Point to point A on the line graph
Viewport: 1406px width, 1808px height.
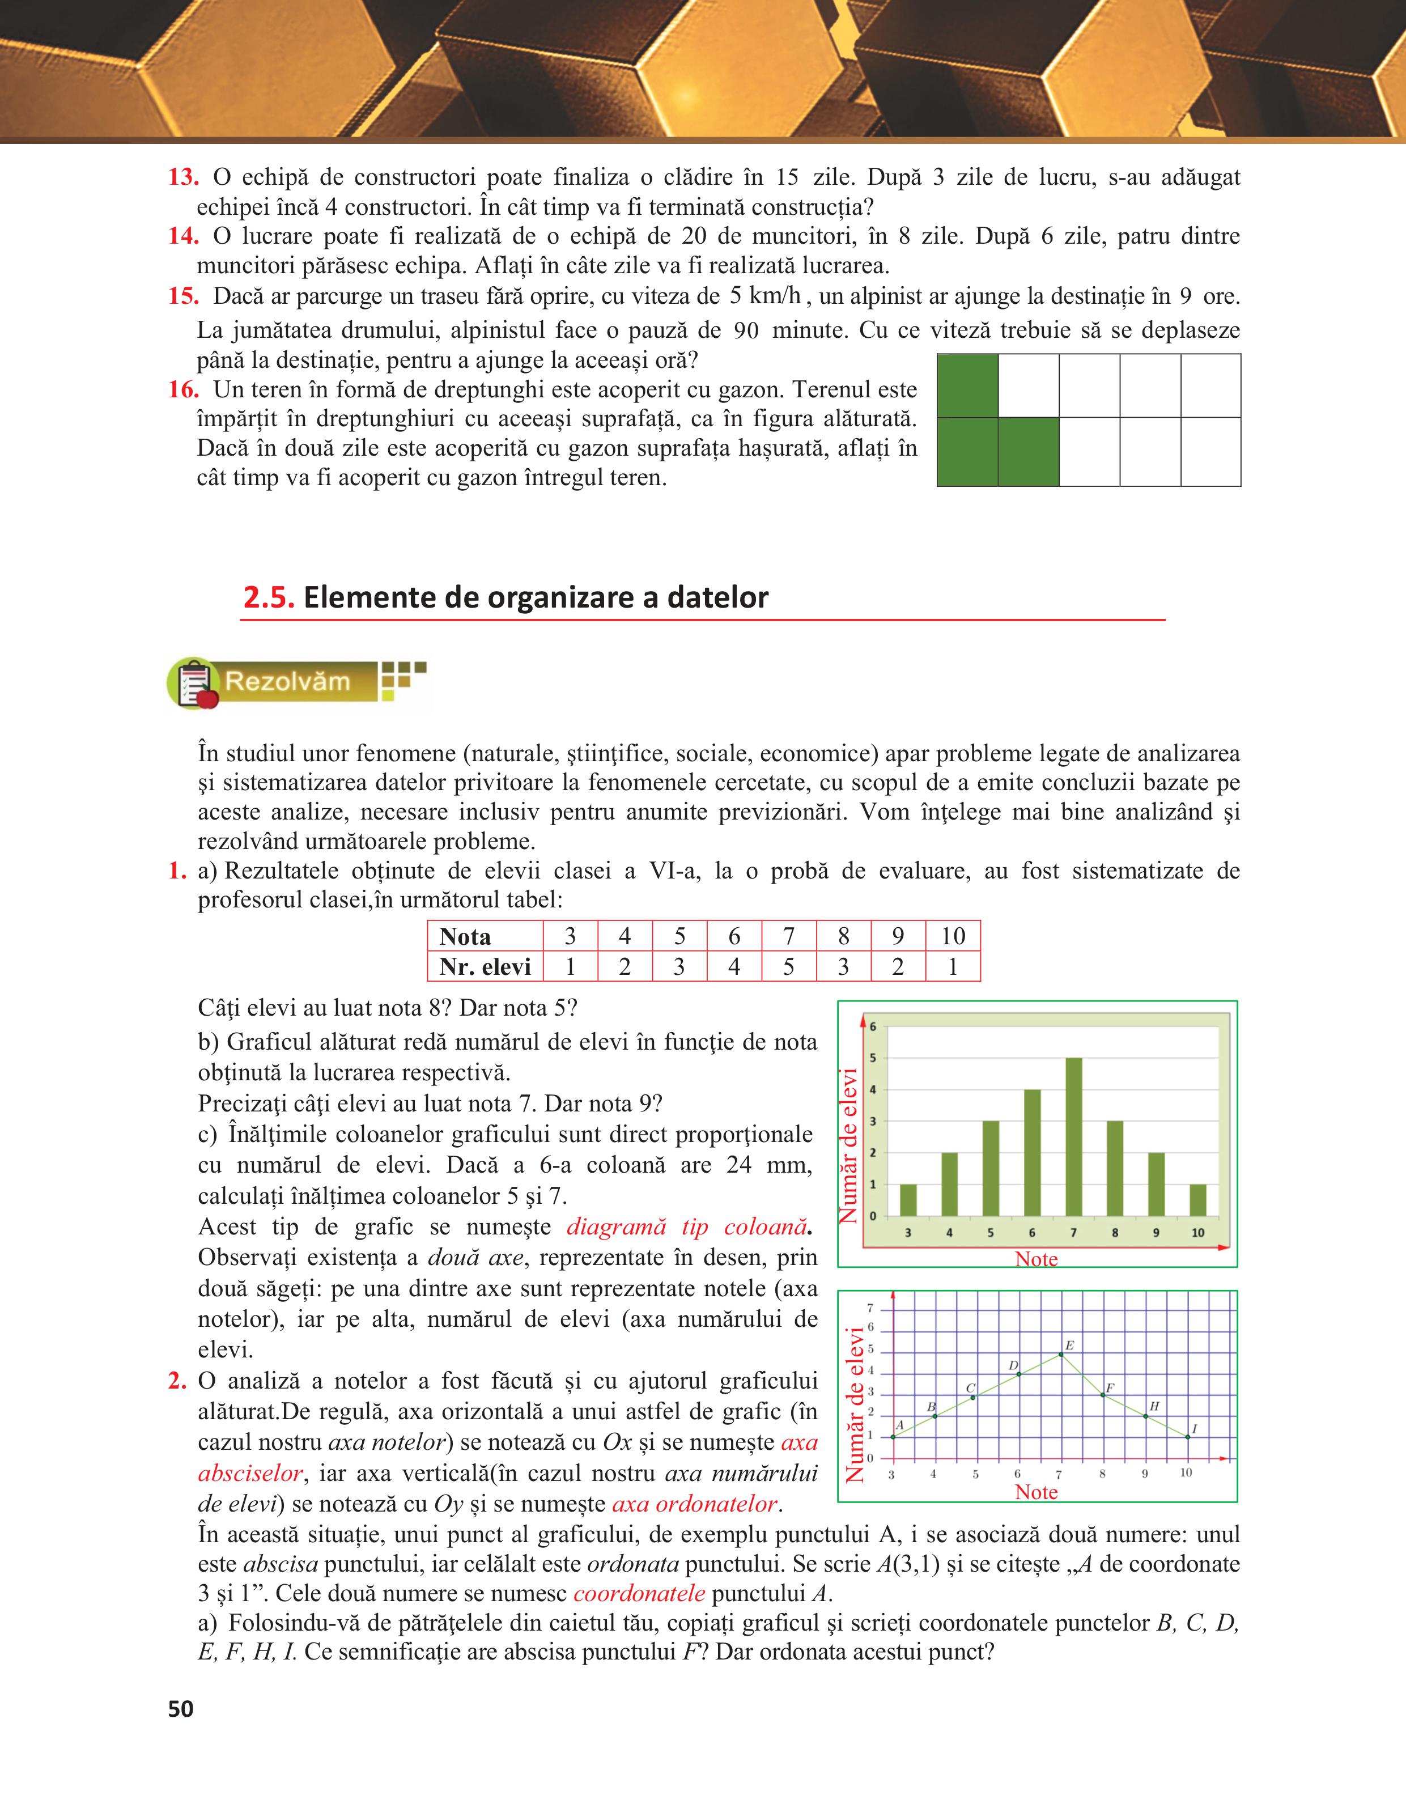[x=893, y=1437]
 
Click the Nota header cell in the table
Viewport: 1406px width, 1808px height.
[x=465, y=936]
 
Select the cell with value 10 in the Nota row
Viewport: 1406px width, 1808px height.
[x=953, y=936]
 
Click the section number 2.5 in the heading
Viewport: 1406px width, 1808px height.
[x=269, y=597]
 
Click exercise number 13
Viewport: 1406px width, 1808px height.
[x=183, y=177]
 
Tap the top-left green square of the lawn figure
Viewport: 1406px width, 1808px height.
[x=967, y=386]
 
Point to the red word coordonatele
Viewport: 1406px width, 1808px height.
[x=639, y=1594]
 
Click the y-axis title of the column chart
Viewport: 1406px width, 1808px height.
[x=849, y=1147]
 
